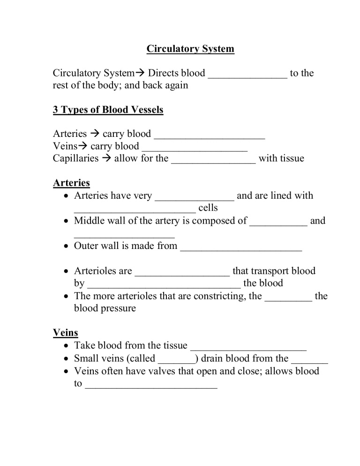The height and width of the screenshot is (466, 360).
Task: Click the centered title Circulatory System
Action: coord(190,49)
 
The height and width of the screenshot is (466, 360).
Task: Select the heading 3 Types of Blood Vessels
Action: coord(108,110)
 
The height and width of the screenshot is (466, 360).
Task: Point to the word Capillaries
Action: coord(75,158)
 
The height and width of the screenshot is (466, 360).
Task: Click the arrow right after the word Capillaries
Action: coord(106,158)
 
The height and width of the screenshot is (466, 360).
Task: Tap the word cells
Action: coord(208,208)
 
